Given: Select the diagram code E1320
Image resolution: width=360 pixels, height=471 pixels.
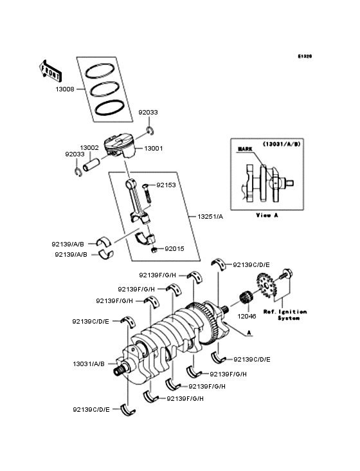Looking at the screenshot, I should (304, 57).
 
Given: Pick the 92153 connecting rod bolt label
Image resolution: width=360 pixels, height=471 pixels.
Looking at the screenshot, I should (165, 185).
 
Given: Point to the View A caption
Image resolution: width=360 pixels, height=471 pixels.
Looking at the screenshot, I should (267, 214).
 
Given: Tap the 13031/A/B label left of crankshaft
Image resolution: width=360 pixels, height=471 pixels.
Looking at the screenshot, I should (88, 364).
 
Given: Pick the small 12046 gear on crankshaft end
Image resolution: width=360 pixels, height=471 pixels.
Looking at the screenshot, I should (247, 299).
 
